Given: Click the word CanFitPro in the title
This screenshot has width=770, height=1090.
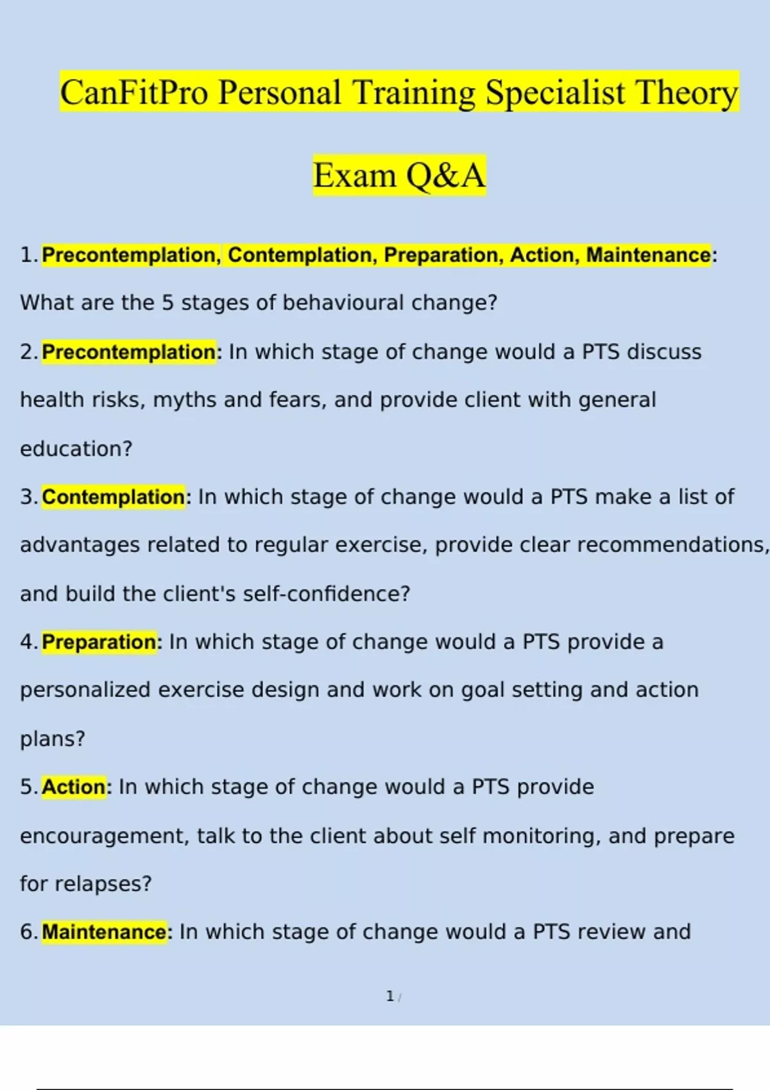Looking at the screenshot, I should pos(134,92).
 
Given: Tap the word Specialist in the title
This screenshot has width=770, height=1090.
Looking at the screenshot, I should pos(555,92).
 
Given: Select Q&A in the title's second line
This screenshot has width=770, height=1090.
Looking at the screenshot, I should pos(446,175).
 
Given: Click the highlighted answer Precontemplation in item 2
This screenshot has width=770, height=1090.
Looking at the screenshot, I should pos(129,352).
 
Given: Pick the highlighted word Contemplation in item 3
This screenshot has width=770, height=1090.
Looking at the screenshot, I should pos(114,497).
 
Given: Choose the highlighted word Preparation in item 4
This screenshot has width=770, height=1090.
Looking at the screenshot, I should pos(99,642).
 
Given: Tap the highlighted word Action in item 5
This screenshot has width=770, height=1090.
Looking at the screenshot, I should pos(74,787).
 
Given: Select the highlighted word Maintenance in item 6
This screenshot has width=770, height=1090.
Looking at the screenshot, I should pos(105,932).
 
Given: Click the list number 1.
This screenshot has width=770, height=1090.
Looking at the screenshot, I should pos(28,255).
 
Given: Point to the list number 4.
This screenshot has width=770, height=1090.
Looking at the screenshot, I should pos(28,642).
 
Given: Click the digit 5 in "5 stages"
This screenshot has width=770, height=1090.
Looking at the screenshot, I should pos(167,303).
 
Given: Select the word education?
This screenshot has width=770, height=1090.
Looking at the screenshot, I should pos(76,449).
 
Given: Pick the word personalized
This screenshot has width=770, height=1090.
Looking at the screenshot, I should pos(85,690).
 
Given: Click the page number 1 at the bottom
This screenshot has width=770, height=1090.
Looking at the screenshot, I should pos(389,996).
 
